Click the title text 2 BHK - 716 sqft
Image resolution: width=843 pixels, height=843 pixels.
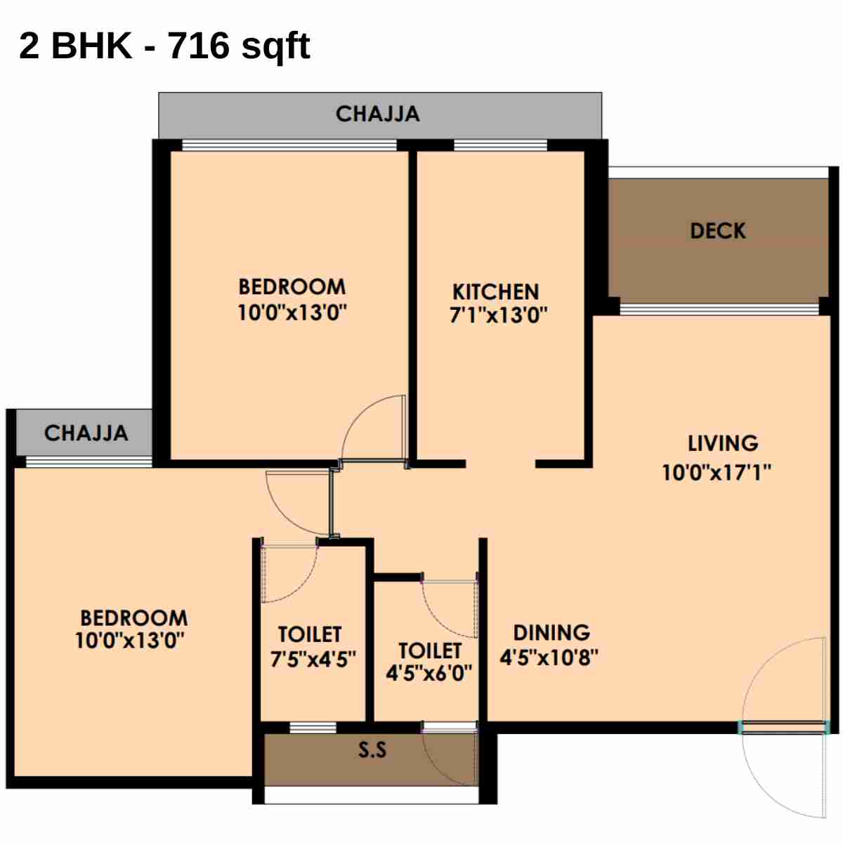[x=164, y=46]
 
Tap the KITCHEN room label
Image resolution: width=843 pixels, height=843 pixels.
[x=496, y=292]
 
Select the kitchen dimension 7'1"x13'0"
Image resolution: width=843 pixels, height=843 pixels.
[x=498, y=315]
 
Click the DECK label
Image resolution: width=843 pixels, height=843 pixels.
[x=717, y=231]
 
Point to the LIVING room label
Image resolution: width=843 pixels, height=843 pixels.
[x=723, y=443]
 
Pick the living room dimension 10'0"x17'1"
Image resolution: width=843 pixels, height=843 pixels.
[x=717, y=472]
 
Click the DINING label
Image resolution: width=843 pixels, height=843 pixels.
[x=551, y=632]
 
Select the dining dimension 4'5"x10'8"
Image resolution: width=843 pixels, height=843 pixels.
[x=549, y=658]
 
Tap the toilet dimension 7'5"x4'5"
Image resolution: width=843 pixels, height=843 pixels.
[x=313, y=659]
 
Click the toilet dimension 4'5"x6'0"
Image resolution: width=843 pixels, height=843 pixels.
[x=429, y=673]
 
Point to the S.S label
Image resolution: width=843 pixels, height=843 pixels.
[x=372, y=750]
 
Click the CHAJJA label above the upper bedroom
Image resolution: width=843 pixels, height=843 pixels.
[x=378, y=114]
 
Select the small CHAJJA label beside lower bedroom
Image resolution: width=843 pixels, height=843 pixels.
[x=86, y=433]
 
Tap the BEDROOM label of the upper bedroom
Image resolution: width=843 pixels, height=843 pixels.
[x=292, y=287]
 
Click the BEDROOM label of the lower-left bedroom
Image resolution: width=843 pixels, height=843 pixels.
[x=134, y=618]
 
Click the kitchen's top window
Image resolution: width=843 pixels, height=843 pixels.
[x=500, y=145]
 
